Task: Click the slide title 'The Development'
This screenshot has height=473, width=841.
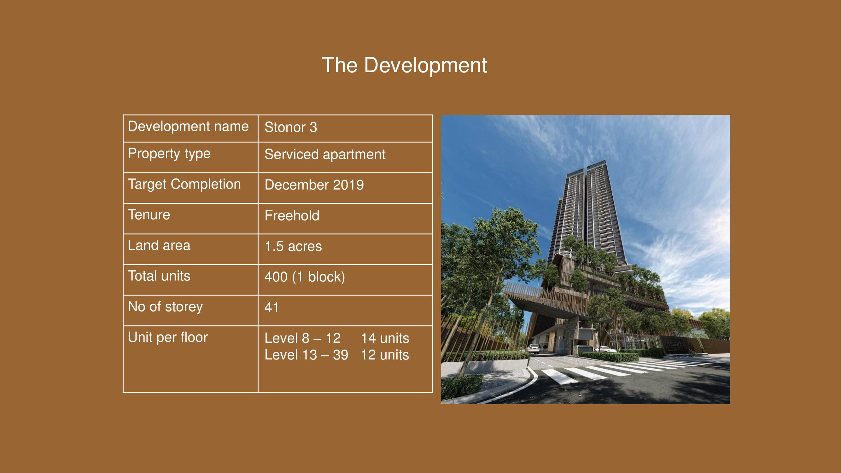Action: (404, 65)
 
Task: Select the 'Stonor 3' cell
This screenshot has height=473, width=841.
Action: (290, 127)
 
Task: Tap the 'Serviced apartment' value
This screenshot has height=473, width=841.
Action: (325, 155)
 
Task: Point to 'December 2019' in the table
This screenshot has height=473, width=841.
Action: (314, 185)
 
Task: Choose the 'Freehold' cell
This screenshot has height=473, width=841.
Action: (292, 215)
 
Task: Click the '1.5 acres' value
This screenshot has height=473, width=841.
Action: (293, 246)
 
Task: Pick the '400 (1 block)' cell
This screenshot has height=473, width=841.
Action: (305, 277)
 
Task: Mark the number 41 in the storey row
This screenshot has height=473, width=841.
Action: (272, 307)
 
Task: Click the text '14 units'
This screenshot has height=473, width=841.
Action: (385, 338)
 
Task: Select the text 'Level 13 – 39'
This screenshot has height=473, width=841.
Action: (306, 355)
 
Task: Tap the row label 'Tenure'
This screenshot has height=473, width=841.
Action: (149, 214)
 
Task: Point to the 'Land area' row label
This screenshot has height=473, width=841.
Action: (159, 245)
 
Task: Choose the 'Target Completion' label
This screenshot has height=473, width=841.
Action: (184, 184)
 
